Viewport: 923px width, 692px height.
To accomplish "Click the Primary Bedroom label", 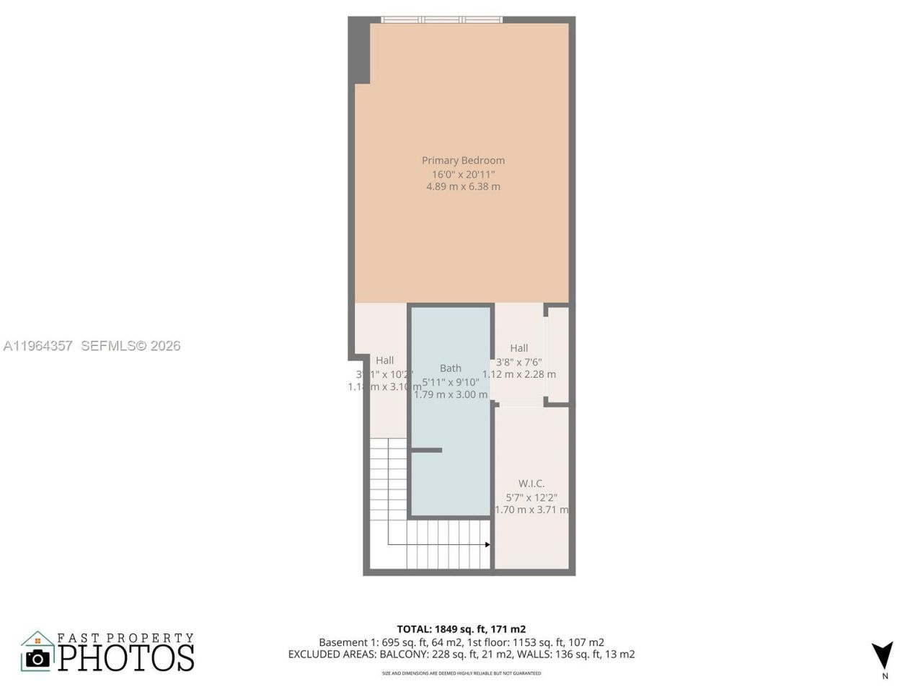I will pyautogui.click(x=463, y=160).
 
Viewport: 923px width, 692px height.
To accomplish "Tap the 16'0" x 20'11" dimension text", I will pyautogui.click(x=463, y=174).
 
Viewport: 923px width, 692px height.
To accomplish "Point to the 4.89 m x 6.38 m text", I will pyautogui.click(x=463, y=187).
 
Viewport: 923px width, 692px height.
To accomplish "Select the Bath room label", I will pyautogui.click(x=451, y=368).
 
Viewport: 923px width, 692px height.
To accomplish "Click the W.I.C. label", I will pyautogui.click(x=531, y=484).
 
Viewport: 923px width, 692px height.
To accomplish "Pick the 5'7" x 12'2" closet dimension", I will pyautogui.click(x=531, y=497).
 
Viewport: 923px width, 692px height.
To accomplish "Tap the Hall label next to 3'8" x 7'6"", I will pyautogui.click(x=519, y=348).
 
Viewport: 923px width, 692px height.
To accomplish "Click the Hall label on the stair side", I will pyautogui.click(x=384, y=360).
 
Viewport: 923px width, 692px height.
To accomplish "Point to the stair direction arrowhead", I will pyautogui.click(x=487, y=544).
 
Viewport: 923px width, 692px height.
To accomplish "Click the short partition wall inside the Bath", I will pyautogui.click(x=426, y=451).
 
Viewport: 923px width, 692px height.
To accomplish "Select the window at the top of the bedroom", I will pyautogui.click(x=441, y=20).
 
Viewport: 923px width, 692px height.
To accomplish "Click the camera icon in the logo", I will pyautogui.click(x=37, y=658).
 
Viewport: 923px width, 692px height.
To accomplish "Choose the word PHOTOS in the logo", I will pyautogui.click(x=126, y=657).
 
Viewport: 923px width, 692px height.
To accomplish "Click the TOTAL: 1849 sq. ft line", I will pyautogui.click(x=461, y=629).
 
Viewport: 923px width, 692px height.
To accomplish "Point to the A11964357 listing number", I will pyautogui.click(x=38, y=346).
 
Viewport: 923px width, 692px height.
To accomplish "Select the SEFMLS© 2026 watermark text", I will pyautogui.click(x=131, y=346).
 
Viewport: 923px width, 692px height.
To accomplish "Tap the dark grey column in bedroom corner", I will pyautogui.click(x=360, y=50).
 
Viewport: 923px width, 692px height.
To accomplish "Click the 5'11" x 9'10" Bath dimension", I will pyautogui.click(x=451, y=382).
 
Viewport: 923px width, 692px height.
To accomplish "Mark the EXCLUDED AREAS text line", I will pyautogui.click(x=461, y=655).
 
